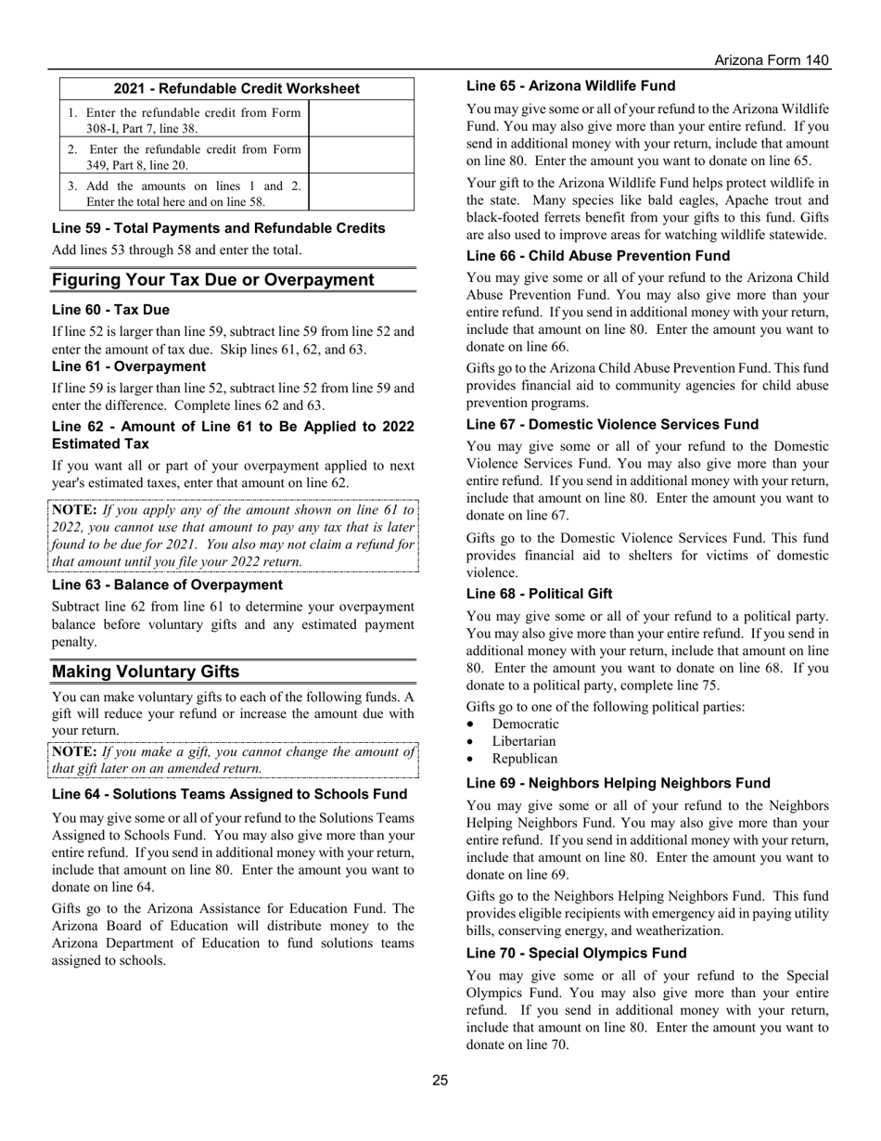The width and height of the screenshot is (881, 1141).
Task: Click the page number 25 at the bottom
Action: [x=440, y=1080]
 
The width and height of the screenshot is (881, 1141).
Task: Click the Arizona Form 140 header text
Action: [x=772, y=60]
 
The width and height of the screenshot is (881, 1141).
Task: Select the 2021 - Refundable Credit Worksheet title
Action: [x=236, y=89]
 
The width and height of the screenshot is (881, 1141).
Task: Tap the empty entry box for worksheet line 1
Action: [x=361, y=120]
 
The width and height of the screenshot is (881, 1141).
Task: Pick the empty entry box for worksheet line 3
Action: [x=361, y=193]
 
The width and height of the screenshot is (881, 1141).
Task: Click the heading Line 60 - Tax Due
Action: [x=110, y=310]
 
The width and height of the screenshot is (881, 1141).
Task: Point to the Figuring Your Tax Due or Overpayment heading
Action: [x=212, y=280]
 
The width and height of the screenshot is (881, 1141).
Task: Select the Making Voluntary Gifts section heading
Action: [x=146, y=672]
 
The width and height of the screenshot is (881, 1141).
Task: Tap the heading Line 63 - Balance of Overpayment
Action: [x=167, y=584]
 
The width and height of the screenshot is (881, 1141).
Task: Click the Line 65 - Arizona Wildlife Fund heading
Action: [x=570, y=86]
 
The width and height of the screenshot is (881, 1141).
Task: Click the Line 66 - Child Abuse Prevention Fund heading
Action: [x=598, y=256]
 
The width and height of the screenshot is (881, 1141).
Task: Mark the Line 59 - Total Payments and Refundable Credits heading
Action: [x=218, y=228]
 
